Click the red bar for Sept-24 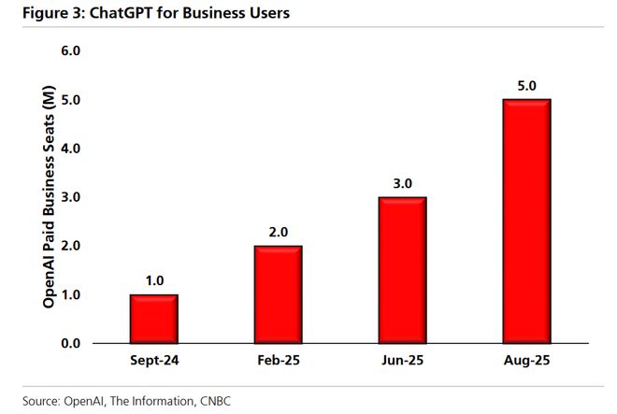pos(153,319)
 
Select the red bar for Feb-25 pos(278,294)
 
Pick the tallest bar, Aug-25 pos(526,221)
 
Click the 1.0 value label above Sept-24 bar pos(153,279)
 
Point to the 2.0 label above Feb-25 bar pos(278,231)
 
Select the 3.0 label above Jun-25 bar pos(402,182)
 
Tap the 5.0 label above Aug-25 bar pos(526,85)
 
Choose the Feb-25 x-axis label pos(278,361)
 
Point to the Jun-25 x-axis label pos(402,361)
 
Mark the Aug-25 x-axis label pos(526,361)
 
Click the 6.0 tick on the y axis pos(71,51)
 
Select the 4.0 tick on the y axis pos(71,149)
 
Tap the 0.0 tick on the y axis pos(71,343)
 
